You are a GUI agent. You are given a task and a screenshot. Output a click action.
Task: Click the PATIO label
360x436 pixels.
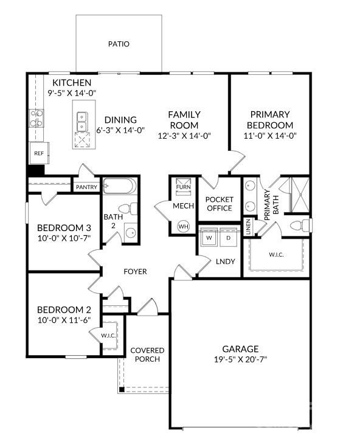coord(119,44)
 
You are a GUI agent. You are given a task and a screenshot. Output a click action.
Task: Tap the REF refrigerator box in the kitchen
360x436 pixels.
coord(38,154)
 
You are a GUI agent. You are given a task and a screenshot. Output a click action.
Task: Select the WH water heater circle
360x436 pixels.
coord(183,226)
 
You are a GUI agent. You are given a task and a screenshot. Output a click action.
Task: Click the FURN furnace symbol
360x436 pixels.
coord(183,185)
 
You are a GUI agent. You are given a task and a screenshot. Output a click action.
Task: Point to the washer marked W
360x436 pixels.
coord(209,237)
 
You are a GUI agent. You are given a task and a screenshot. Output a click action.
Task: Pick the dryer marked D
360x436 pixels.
coord(228,237)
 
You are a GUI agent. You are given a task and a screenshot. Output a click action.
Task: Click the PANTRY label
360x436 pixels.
coord(86,187)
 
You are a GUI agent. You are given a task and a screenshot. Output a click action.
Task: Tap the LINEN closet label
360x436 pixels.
coord(247,226)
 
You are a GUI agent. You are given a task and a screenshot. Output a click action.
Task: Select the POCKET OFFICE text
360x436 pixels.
coord(219,204)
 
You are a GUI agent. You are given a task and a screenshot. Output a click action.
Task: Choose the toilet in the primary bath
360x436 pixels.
coord(299,226)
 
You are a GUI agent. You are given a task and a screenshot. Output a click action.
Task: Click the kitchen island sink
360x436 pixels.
coord(81,122)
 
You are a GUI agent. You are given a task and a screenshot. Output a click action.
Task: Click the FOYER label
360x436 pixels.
coord(135,271)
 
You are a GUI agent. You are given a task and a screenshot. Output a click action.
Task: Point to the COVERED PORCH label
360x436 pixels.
coord(147,355)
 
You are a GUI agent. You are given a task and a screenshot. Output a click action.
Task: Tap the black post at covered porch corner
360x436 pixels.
coord(122,389)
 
